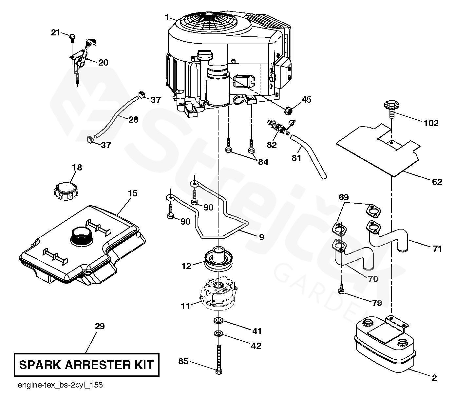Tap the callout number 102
point(431,123)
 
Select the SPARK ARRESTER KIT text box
point(86,365)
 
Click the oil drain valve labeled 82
point(278,128)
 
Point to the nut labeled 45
point(289,110)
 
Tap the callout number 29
point(100,326)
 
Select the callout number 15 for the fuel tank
point(132,193)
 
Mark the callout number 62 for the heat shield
point(437,182)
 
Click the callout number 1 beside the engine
point(167,17)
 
